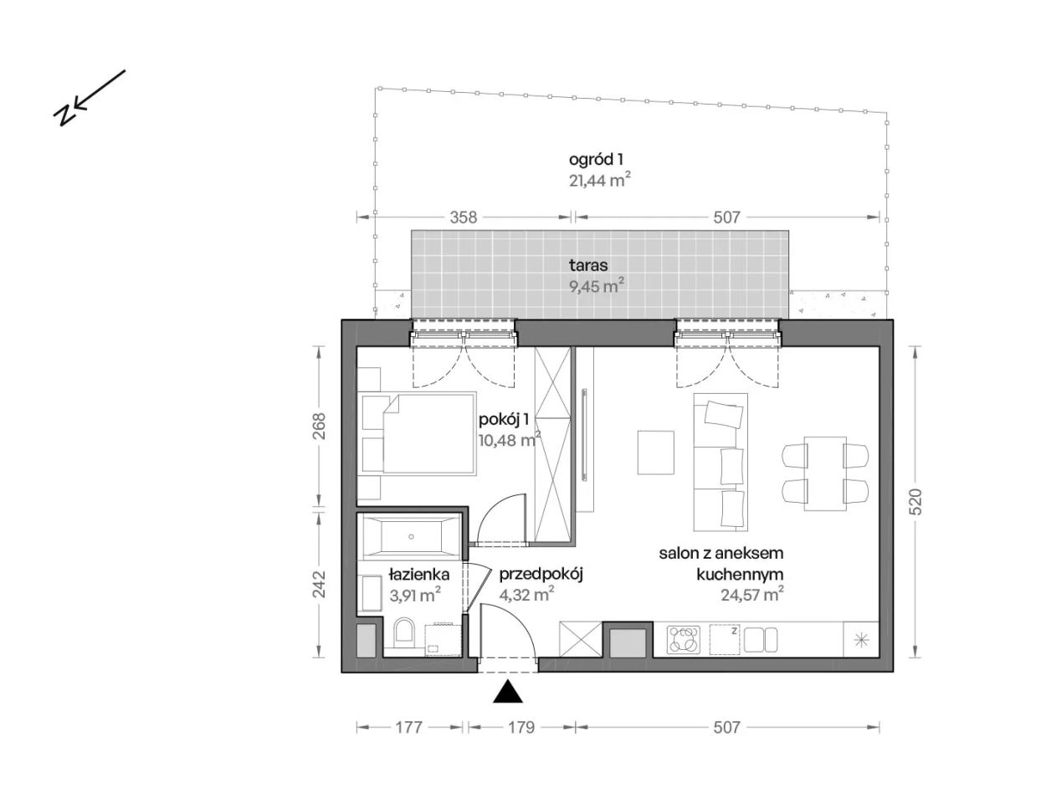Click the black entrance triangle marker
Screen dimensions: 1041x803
[507, 692]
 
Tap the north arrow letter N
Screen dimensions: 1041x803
[64, 115]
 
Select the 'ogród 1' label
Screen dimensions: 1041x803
[596, 159]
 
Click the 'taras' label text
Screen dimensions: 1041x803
[588, 265]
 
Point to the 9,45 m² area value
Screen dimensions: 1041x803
[597, 286]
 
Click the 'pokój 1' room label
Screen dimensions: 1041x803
[504, 419]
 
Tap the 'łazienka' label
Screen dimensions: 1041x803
[419, 574]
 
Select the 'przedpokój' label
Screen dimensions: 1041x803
[541, 575]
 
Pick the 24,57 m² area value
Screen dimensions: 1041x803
[752, 594]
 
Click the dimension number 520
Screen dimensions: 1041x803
[915, 501]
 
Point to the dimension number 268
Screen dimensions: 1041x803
[319, 426]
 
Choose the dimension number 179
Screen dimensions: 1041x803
[521, 728]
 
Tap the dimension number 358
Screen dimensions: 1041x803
[464, 217]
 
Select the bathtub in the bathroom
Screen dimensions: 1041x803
[411, 536]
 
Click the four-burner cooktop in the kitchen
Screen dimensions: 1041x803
[684, 639]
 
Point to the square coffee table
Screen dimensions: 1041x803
[655, 453]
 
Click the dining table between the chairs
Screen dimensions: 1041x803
[825, 473]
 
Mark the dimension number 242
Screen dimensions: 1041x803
[319, 584]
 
